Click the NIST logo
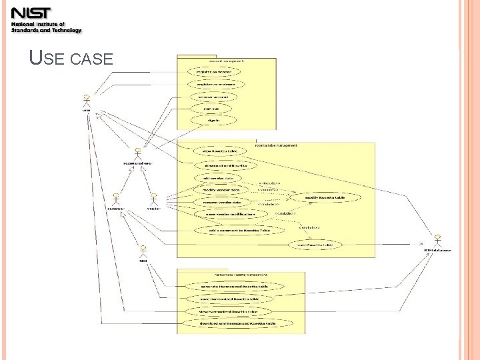click(x=45, y=19)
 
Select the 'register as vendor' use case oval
click(x=216, y=71)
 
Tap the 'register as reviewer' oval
click(x=216, y=85)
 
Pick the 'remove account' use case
click(x=216, y=97)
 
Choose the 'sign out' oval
click(x=216, y=108)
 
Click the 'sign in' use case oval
click(x=216, y=121)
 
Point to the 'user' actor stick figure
click(x=86, y=101)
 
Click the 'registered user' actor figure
click(x=137, y=154)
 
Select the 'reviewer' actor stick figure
click(x=116, y=199)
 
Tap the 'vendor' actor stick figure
click(x=153, y=199)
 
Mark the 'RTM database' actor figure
click(x=438, y=241)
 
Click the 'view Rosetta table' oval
click(x=220, y=151)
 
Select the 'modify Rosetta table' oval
click(x=325, y=198)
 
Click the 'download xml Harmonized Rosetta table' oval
click(x=238, y=323)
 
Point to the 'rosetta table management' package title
click(x=277, y=145)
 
